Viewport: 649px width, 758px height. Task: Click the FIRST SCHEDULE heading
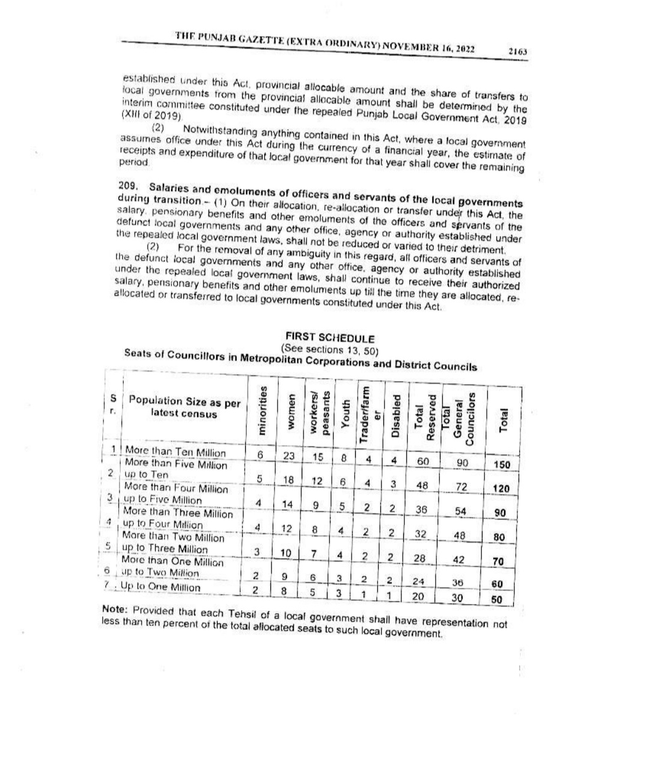point(330,338)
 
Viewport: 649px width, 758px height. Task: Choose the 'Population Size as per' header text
point(184,402)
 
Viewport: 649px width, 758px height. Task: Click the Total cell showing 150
point(501,465)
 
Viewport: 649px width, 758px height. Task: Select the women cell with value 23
point(288,456)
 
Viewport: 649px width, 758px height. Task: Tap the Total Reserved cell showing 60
point(422,461)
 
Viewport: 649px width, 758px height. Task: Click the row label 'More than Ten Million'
point(175,453)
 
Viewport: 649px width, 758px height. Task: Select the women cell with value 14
point(288,504)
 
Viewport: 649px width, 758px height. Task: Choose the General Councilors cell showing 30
point(458,597)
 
